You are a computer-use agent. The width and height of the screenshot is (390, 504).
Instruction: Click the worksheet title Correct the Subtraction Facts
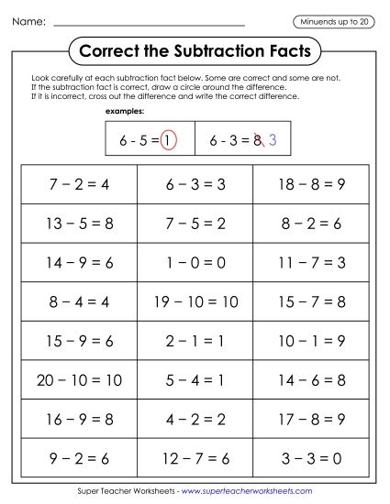pos(195,48)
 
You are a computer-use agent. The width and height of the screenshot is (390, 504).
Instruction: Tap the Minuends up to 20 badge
pos(333,21)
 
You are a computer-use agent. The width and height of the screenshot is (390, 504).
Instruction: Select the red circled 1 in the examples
pos(169,141)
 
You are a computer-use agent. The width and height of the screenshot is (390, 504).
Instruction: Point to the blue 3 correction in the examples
pos(273,141)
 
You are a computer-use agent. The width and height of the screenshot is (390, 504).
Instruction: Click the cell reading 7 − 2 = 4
pos(79,184)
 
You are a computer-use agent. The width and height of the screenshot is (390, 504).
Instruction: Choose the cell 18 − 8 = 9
pos(311,184)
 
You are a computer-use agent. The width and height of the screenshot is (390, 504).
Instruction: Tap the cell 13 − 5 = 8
pos(79,223)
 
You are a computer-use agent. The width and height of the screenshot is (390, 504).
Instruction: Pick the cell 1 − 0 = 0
pos(195,262)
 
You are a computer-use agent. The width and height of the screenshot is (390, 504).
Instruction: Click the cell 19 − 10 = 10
pos(195,301)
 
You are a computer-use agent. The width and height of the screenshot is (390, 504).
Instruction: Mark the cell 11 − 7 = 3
pos(311,262)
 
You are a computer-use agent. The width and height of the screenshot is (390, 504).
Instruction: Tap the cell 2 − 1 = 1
pos(195,341)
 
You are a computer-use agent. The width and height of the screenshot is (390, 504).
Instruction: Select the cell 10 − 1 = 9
pos(311,341)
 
